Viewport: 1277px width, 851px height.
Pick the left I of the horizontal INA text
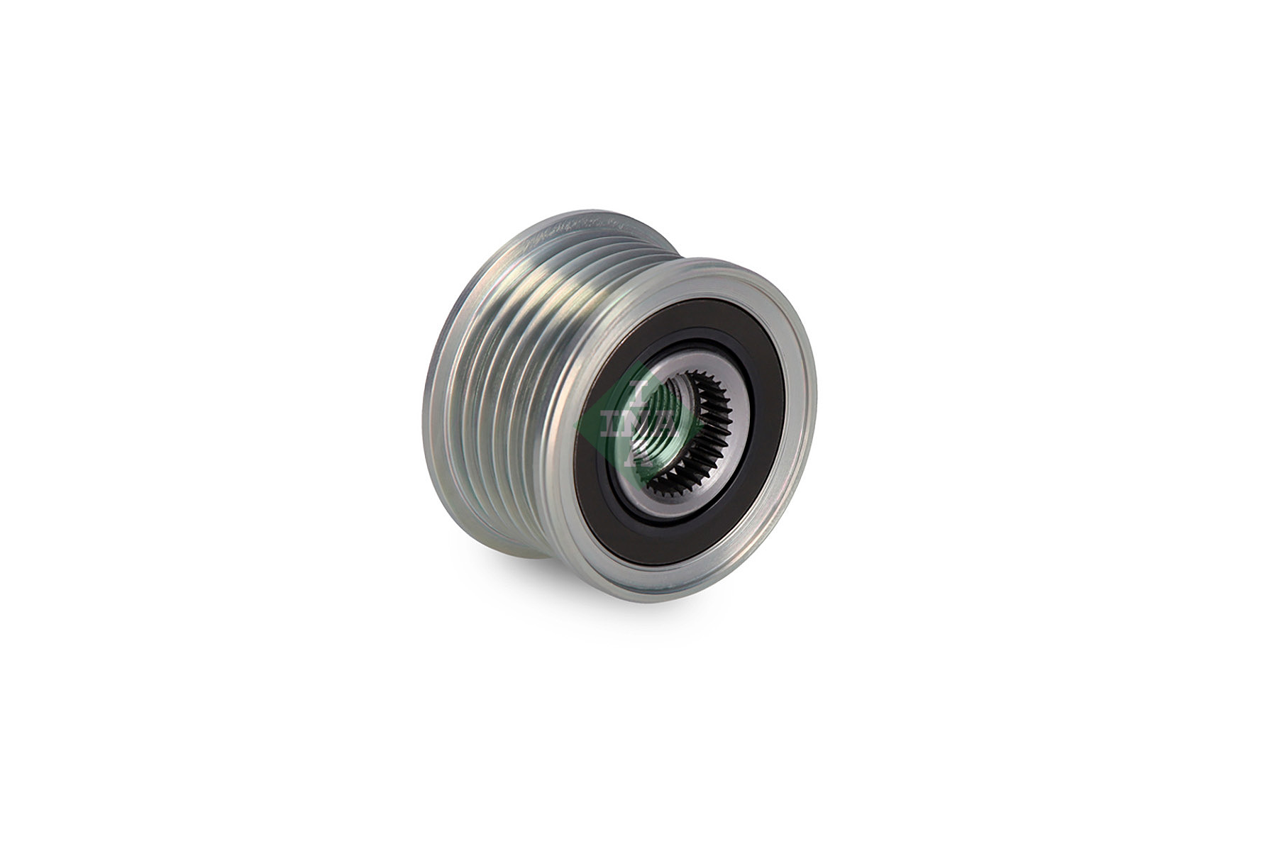pos(609,423)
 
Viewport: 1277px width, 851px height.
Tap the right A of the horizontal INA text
pos(665,423)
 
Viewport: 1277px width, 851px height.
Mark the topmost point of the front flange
pos(717,259)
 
